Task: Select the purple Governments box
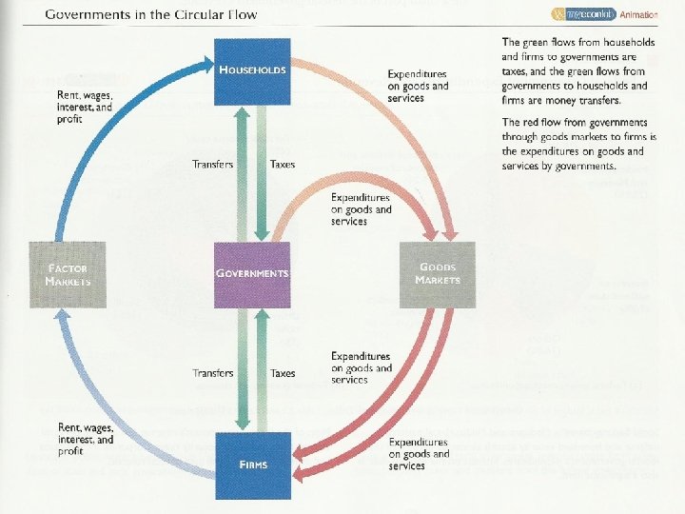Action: [252, 273]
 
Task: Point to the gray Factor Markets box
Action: [68, 274]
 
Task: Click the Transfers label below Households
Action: [212, 165]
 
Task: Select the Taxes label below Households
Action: [283, 165]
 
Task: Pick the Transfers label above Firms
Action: [212, 373]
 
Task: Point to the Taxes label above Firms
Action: [283, 373]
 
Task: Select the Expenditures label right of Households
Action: [418, 86]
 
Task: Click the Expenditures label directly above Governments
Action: [361, 208]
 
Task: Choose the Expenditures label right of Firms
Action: [419, 453]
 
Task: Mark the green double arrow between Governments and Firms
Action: [250, 371]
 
